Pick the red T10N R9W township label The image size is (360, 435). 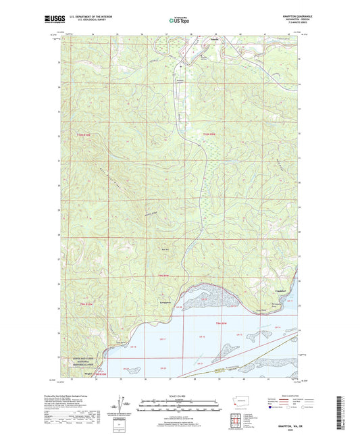[x=212, y=133]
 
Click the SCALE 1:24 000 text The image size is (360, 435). [x=179, y=396]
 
